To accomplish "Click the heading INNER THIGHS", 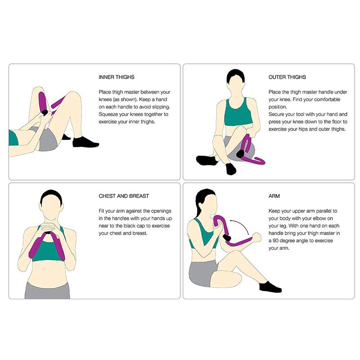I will click(117, 77).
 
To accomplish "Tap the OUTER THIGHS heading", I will click(288, 77).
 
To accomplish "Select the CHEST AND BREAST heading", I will click(124, 196).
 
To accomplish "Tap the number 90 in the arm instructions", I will click(275, 241).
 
